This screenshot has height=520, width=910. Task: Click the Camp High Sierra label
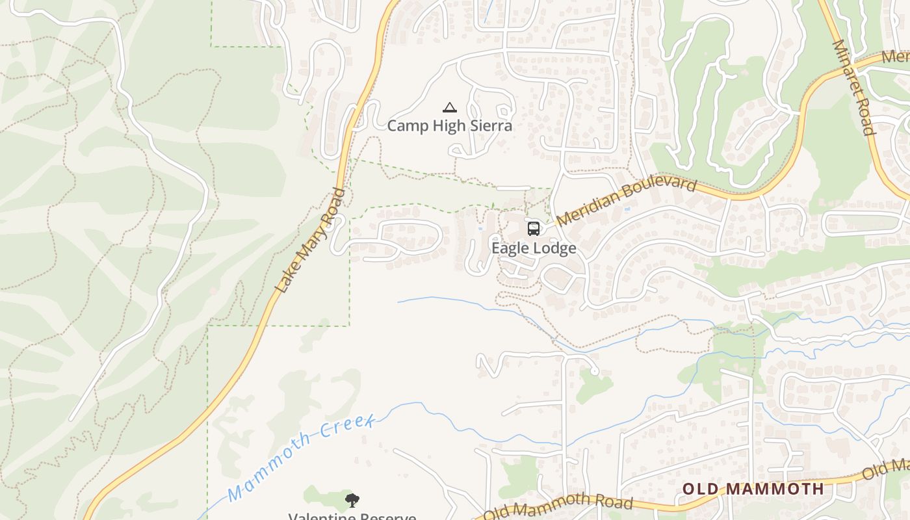click(x=449, y=125)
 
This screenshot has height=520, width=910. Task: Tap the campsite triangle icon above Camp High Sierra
click(x=449, y=107)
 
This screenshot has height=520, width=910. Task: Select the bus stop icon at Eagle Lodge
click(x=534, y=229)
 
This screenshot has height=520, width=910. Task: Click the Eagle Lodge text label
click(x=534, y=248)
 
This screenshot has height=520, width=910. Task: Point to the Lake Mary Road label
click(x=310, y=240)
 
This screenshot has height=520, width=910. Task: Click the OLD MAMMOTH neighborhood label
click(x=753, y=489)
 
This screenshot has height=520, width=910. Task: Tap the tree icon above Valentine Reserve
click(x=352, y=500)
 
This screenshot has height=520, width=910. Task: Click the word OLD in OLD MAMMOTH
click(x=699, y=489)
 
